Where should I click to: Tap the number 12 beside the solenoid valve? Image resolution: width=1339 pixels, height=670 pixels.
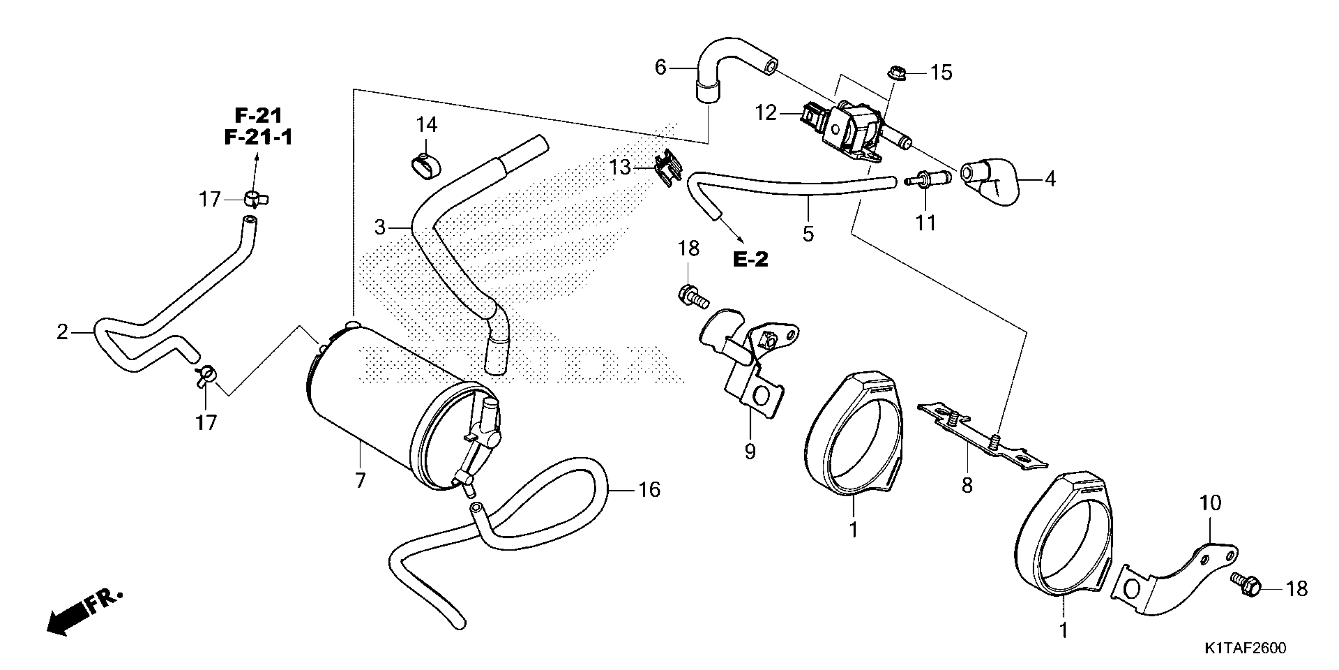point(766,113)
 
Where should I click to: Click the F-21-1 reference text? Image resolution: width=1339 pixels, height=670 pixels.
point(258,137)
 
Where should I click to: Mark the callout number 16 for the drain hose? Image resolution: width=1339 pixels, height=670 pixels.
point(649,490)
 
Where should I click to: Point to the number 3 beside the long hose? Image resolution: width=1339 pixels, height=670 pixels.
point(380,227)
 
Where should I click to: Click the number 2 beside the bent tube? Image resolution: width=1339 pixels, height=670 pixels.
point(62,332)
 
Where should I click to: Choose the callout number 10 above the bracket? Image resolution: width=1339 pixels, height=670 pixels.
point(1210,503)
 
